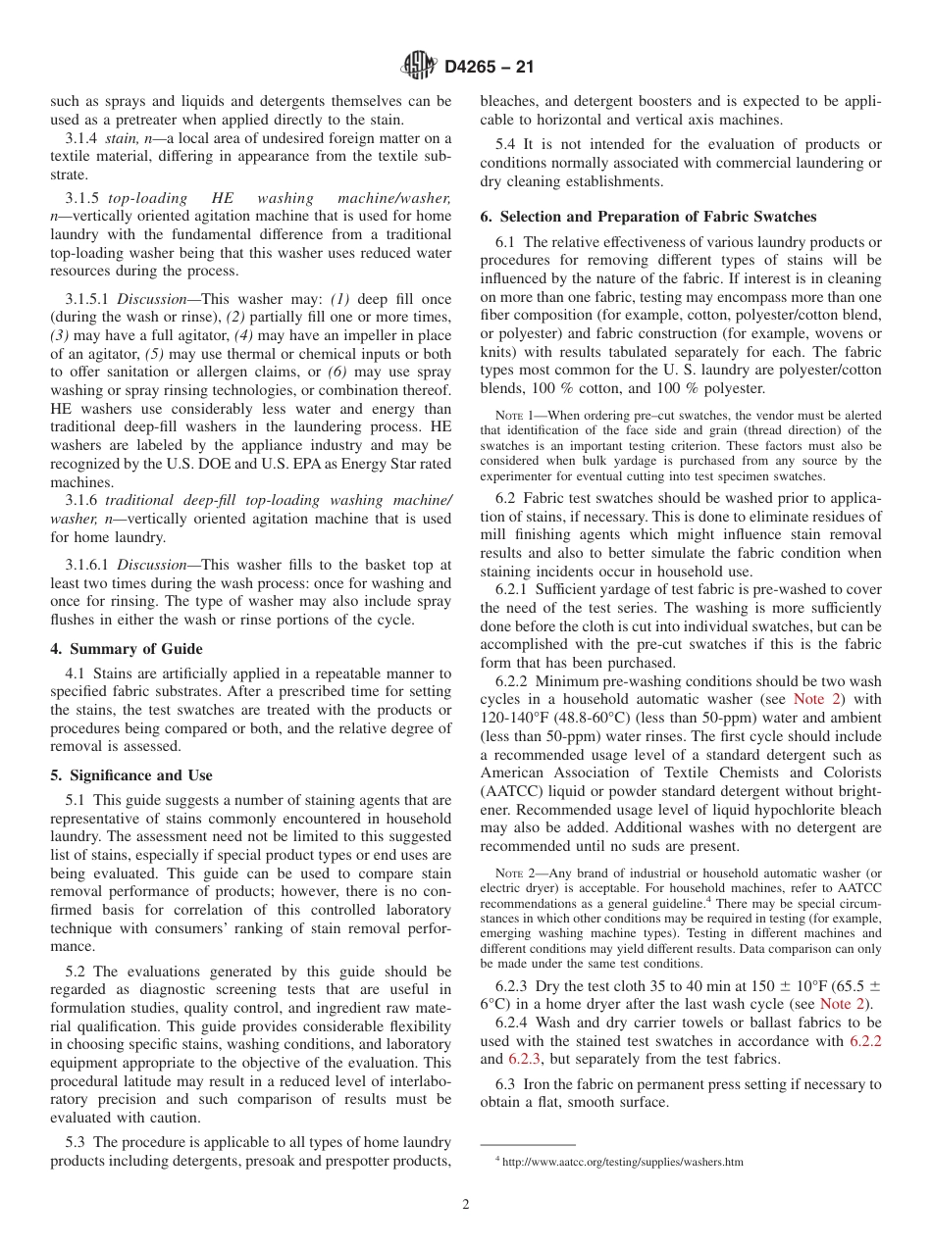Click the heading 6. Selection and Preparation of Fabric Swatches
click(x=647, y=217)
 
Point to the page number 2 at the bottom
click(x=466, y=1205)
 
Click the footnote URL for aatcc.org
click(x=623, y=1163)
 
